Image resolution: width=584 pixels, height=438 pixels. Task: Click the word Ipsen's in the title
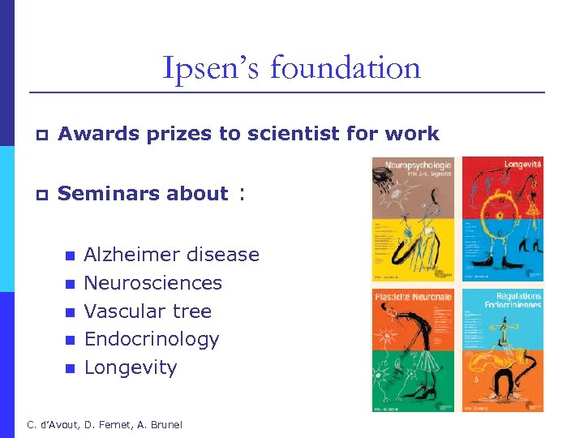211,68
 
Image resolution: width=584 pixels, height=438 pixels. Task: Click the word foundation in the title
346,68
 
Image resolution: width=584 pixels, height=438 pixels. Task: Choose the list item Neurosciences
152,283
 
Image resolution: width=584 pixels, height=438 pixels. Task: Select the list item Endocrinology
152,339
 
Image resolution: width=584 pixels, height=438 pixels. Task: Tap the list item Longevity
130,367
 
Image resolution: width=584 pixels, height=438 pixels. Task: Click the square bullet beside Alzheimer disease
70,256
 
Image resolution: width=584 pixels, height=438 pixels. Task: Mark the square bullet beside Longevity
70,369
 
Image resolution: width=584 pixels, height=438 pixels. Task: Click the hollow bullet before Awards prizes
39,135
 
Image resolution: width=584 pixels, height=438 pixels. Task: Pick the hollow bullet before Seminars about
39,195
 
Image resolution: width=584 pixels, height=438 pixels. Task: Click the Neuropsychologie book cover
412,219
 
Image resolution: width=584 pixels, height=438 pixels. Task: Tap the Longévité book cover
502,219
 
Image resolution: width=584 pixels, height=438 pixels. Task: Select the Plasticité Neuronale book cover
412,350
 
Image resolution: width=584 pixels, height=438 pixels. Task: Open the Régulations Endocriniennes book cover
502,350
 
